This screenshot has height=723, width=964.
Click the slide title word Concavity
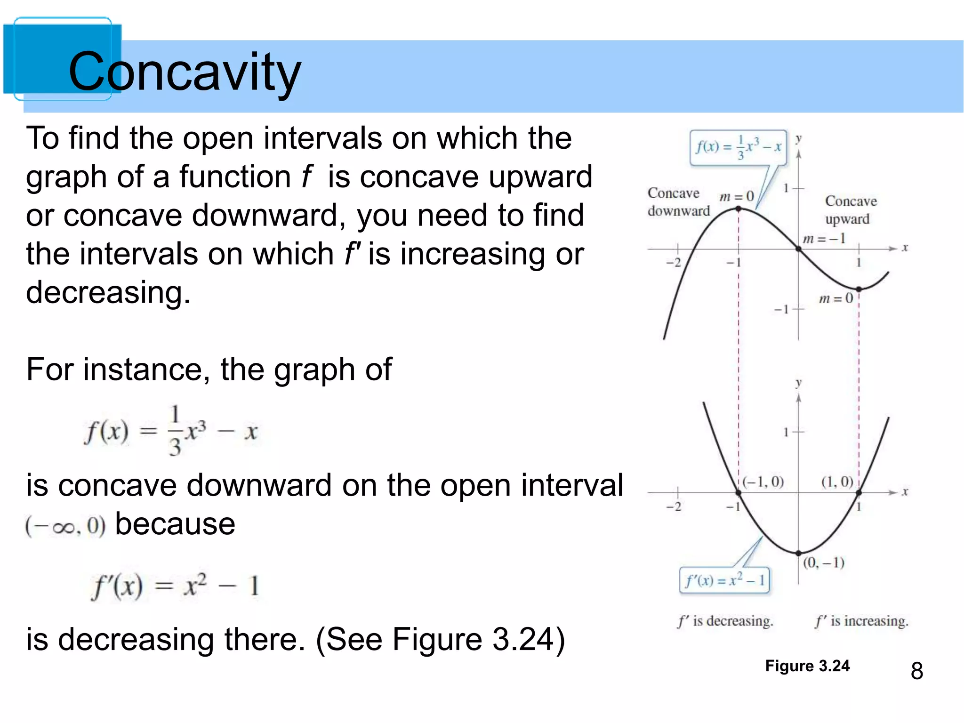pos(185,72)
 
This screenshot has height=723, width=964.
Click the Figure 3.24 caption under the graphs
pos(807,666)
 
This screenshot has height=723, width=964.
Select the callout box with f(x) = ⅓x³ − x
pos(738,147)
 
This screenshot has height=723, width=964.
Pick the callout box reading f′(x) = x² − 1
pos(724,580)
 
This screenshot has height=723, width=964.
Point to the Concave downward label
pos(678,202)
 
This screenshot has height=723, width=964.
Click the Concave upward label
pos(850,210)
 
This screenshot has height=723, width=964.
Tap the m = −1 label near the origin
pos(824,239)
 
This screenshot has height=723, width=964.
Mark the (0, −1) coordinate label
pos(823,562)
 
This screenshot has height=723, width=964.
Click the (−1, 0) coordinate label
pos(763,482)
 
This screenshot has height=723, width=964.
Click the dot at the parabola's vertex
pos(798,553)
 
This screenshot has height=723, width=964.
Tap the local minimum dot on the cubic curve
pos(859,289)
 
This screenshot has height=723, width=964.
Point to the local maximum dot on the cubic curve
pos(739,209)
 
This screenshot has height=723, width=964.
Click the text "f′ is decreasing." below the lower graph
pos(725,621)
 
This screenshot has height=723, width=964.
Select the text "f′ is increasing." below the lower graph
pos(861,621)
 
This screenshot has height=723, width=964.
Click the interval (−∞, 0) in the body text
pos(65,526)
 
